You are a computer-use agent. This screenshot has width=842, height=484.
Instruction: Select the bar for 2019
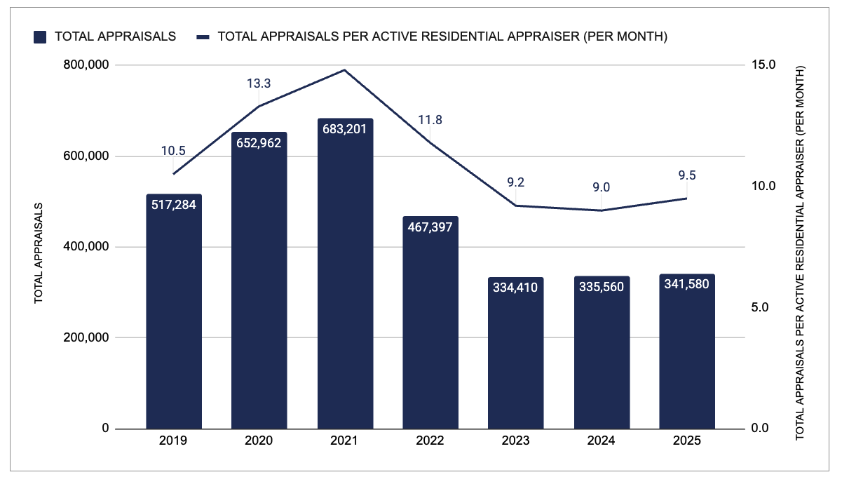(x=174, y=311)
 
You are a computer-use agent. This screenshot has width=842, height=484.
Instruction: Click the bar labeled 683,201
(x=345, y=274)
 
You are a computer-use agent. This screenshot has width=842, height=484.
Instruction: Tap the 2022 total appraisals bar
(x=430, y=323)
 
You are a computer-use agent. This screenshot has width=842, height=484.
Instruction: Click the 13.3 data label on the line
(x=259, y=83)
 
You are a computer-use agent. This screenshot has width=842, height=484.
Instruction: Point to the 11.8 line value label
(x=430, y=120)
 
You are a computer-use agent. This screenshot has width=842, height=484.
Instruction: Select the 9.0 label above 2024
(x=602, y=187)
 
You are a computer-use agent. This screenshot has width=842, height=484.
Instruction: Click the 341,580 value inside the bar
(x=687, y=284)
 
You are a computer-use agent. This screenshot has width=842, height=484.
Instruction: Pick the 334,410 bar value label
(x=515, y=288)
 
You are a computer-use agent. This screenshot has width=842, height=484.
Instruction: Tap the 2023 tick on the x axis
(x=515, y=441)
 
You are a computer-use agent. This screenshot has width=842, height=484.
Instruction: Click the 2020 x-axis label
(x=259, y=441)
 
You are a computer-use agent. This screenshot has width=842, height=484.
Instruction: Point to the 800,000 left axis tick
(x=86, y=65)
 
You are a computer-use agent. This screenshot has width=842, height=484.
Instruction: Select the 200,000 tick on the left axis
(x=86, y=337)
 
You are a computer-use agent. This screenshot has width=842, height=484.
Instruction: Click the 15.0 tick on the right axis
(x=763, y=65)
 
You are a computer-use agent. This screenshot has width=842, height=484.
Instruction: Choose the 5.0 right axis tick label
(x=760, y=307)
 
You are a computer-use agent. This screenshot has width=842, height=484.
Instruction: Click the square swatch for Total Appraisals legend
(x=40, y=37)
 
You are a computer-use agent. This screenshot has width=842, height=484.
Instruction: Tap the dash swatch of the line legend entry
(x=203, y=37)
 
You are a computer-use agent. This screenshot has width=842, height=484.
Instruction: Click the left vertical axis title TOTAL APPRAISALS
(x=39, y=253)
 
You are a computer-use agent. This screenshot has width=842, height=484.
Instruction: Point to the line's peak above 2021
(x=345, y=70)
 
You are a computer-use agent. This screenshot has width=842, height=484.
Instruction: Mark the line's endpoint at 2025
(x=687, y=199)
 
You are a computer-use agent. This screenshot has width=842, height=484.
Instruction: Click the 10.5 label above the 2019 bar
(x=173, y=151)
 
